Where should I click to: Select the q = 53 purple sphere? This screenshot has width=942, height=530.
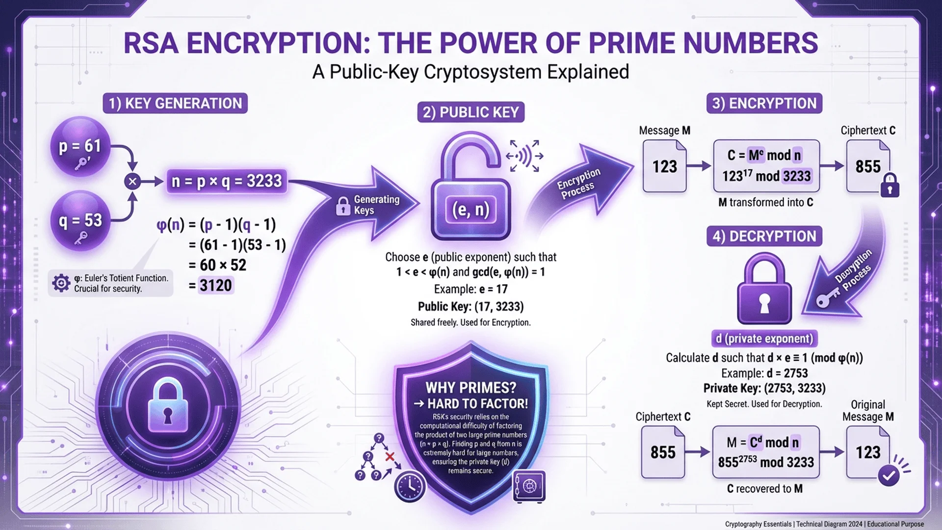pos(80,221)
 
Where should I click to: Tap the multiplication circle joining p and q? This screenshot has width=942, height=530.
pos(132,182)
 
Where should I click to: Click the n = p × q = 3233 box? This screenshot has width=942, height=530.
pos(226,181)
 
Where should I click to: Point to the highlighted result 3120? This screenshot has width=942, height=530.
pos(215,286)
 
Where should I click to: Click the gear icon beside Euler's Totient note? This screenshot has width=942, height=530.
pos(61,283)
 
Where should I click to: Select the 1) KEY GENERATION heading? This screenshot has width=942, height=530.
pos(175,104)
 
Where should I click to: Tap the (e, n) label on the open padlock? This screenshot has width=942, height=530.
pos(471,210)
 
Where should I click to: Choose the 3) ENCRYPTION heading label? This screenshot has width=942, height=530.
pos(764,104)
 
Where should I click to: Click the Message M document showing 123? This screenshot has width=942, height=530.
pos(664,166)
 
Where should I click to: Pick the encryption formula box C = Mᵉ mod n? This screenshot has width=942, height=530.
pos(766,166)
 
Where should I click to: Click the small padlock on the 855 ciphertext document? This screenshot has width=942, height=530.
pos(890,186)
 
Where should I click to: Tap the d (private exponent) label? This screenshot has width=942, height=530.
pos(764,339)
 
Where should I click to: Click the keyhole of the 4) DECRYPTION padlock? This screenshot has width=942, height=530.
pos(764,303)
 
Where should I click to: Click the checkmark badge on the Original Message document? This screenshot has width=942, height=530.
pos(889,475)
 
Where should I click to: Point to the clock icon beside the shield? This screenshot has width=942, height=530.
pos(410,486)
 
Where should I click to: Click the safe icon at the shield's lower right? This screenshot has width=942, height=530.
pos(529,486)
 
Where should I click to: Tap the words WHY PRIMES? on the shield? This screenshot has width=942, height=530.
pos(471,388)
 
